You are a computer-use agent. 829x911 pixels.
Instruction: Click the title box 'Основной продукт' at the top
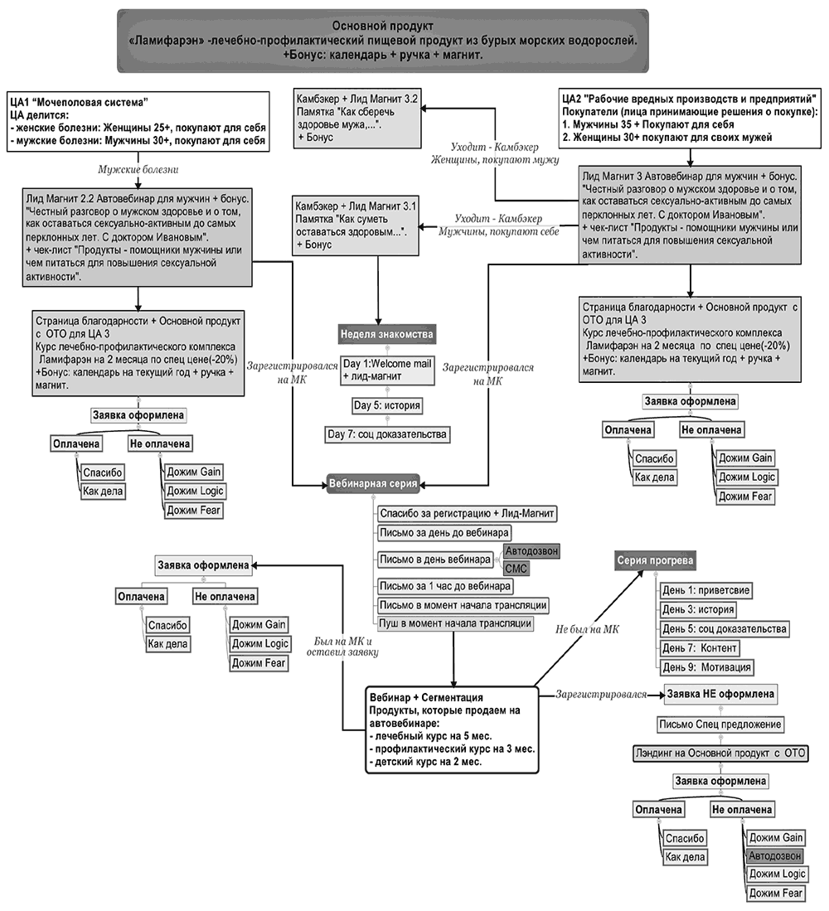(x=382, y=41)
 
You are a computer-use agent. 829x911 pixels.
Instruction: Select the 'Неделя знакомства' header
(x=385, y=335)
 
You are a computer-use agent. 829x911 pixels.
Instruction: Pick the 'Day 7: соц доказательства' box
(x=387, y=434)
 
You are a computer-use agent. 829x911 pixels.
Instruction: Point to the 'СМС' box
(x=516, y=569)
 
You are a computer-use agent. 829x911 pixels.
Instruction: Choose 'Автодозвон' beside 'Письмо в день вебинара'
(x=531, y=551)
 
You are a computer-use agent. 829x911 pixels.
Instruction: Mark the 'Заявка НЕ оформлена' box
(x=720, y=694)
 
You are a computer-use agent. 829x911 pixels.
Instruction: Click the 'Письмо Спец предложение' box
(x=720, y=724)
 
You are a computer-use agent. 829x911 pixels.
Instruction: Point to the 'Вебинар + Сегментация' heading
(x=426, y=698)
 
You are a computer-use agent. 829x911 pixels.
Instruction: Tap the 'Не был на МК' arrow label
(x=589, y=630)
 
